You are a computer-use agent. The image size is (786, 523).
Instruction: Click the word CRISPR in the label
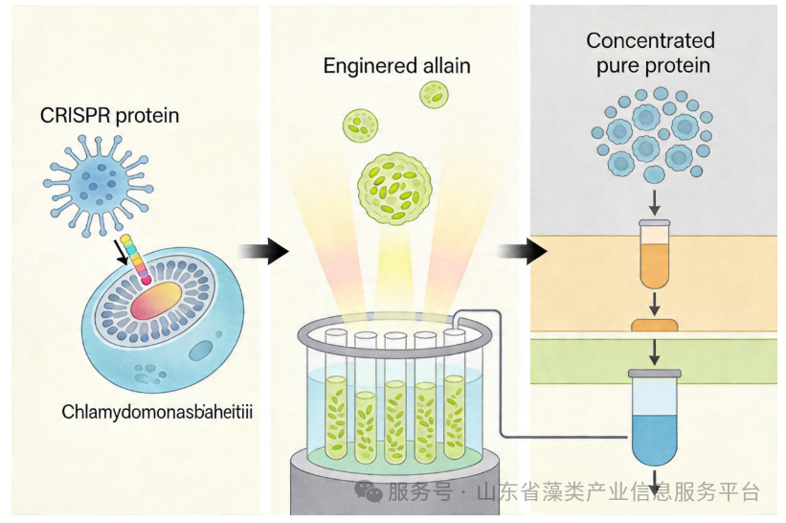pos(76,116)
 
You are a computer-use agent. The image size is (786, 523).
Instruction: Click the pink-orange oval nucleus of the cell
pos(156,300)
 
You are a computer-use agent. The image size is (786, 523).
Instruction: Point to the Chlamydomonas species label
pos(157,412)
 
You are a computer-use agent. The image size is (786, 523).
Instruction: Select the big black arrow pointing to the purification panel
pos(523,251)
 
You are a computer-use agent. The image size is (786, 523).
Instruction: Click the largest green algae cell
pos(394,188)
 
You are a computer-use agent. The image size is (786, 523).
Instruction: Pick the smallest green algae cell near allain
pos(434,95)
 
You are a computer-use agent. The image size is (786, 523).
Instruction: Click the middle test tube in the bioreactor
pos(395,398)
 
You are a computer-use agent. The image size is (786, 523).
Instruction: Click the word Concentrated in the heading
pos(650,40)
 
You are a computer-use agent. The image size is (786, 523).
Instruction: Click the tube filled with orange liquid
pos(655,254)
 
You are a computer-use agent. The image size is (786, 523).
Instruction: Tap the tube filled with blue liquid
pos(654,418)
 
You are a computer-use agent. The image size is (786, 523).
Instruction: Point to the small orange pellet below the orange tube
pos(654,326)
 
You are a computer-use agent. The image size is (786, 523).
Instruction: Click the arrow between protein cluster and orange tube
pos(654,202)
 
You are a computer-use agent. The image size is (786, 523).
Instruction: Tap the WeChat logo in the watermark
pos(369,490)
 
